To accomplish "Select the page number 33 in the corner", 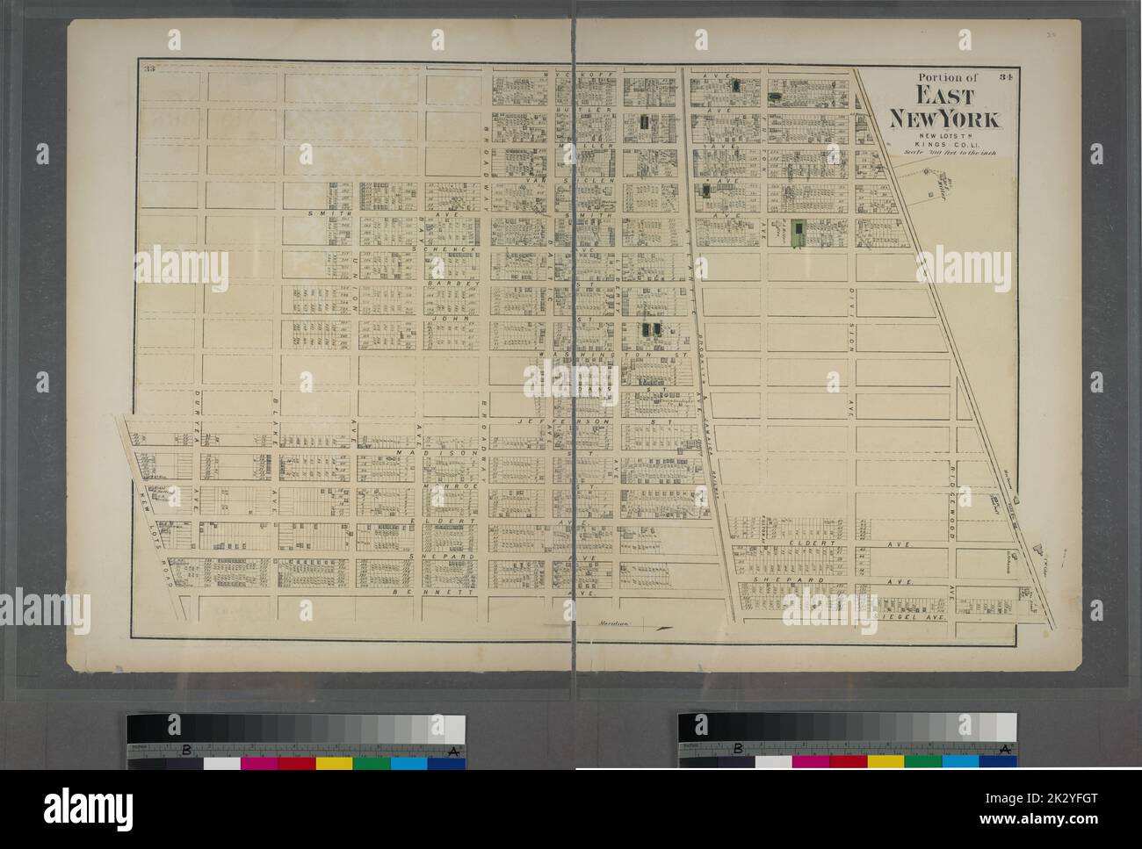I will [150, 70].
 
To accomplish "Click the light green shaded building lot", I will [798, 232].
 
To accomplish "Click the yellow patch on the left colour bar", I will [334, 762].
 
